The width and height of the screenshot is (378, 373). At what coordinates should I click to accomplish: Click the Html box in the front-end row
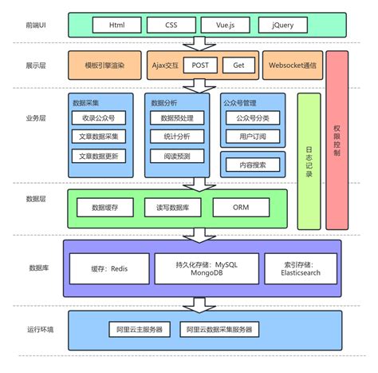(x=115, y=26)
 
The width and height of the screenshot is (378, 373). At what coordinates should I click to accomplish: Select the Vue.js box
(x=224, y=26)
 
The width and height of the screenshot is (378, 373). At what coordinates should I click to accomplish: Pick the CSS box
(x=171, y=26)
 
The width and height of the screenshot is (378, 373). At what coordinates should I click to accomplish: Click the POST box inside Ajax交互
(x=199, y=65)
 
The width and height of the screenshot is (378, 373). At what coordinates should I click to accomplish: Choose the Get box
(x=238, y=65)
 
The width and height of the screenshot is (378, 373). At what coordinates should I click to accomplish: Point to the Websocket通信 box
(x=293, y=65)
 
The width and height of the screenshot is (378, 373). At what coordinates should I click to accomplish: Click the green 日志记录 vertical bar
(x=309, y=160)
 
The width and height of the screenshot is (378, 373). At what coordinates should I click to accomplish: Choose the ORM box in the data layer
(x=242, y=207)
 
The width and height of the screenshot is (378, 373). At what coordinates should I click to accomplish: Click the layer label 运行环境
(x=41, y=329)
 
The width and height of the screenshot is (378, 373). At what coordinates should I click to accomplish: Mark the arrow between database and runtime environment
(x=196, y=304)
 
